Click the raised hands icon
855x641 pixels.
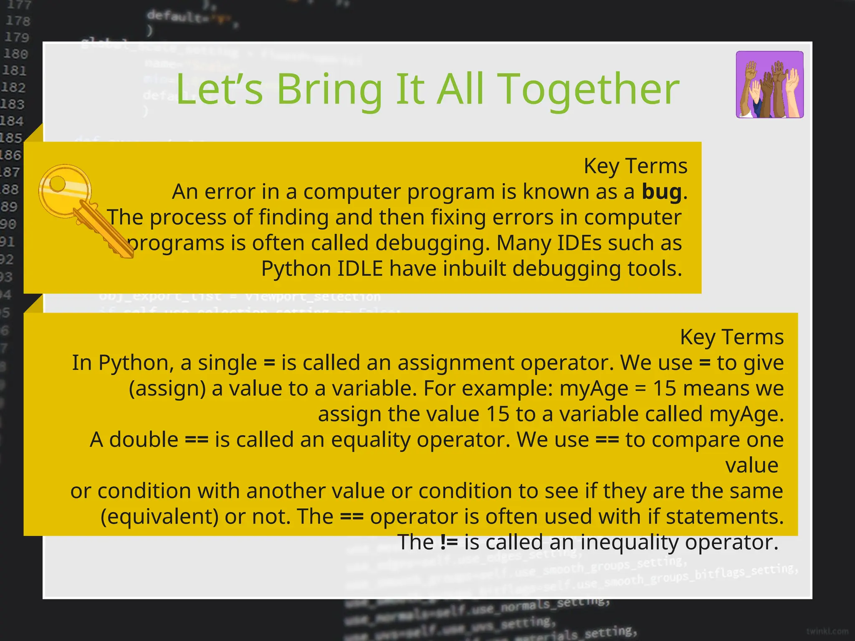pos(769,85)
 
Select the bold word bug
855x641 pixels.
pos(661,192)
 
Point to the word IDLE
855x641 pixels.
pos(360,268)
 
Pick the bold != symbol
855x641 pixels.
pos(449,542)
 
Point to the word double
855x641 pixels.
pos(144,439)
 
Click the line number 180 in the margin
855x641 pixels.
pos(16,54)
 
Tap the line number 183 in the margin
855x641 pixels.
pos(13,104)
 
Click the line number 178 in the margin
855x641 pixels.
pos(18,20)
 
